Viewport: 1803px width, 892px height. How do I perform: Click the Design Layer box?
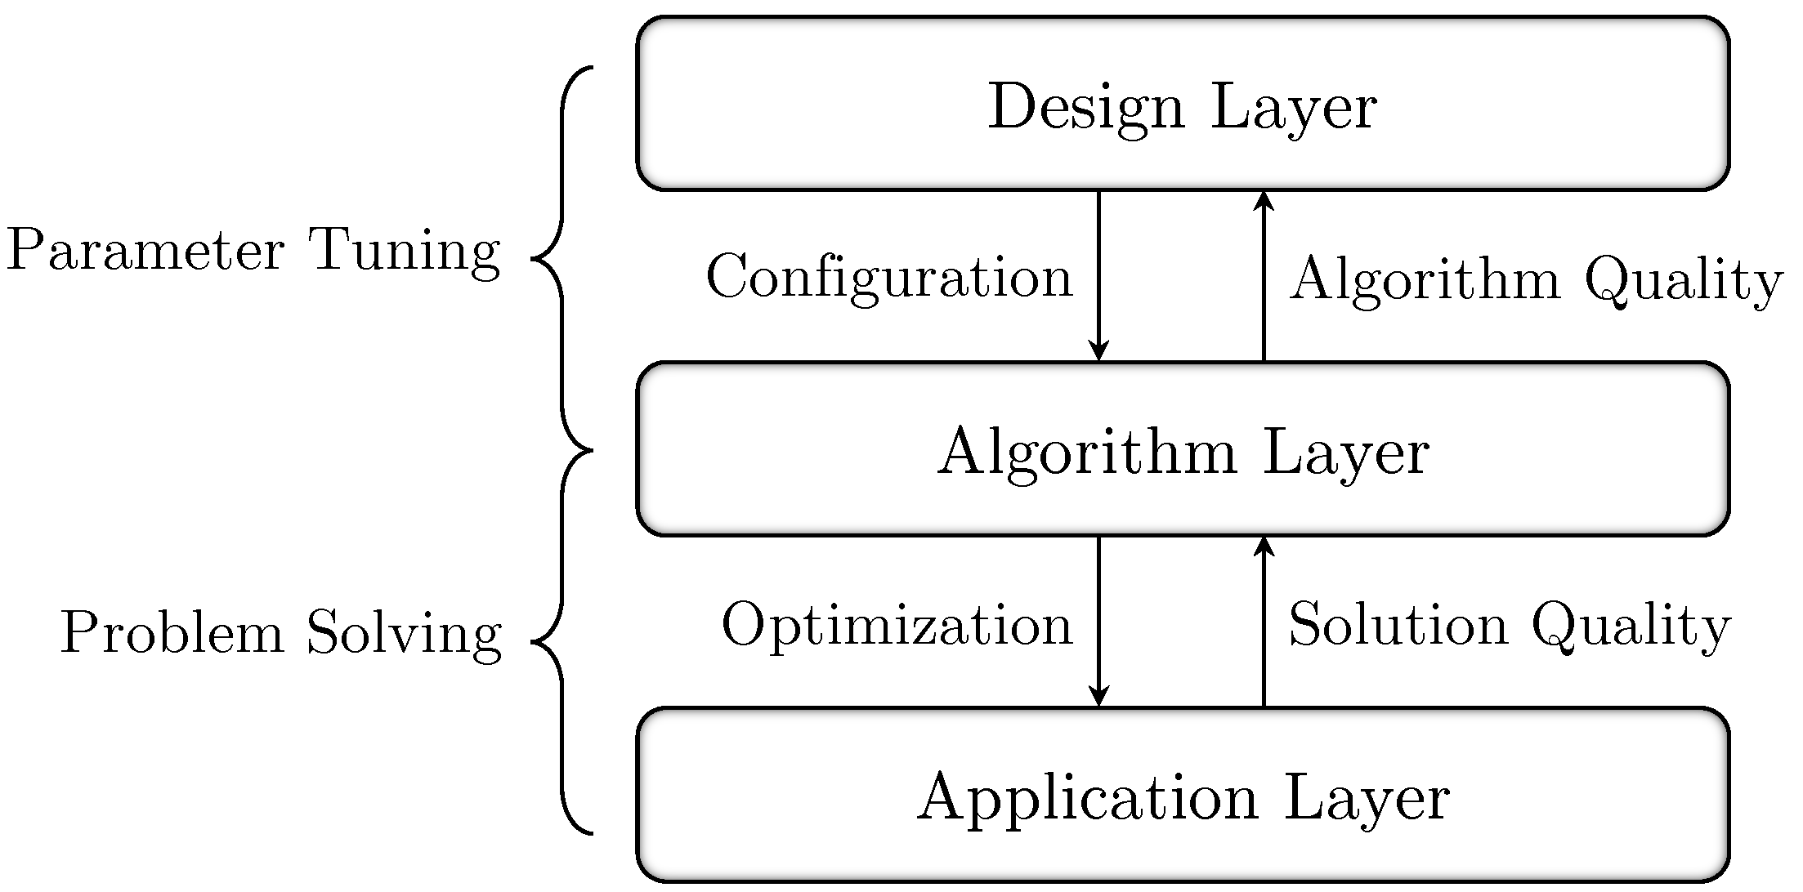pyautogui.click(x=1182, y=104)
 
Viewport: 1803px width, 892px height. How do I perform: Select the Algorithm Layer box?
pyautogui.click(x=1182, y=449)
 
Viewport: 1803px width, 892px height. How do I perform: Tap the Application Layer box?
pyautogui.click(x=1182, y=796)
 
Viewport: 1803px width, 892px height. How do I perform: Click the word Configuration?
pyautogui.click(x=888, y=278)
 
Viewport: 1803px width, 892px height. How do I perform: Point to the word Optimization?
pyautogui.click(x=897, y=626)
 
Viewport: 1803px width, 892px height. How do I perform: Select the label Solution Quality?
pyautogui.click(x=1509, y=626)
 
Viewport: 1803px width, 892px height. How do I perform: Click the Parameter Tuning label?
pyautogui.click(x=253, y=250)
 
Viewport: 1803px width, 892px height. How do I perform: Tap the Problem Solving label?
pyautogui.click(x=281, y=633)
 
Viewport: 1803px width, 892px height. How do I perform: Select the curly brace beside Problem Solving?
pyautogui.click(x=561, y=642)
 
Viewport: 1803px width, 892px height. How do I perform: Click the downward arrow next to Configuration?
pyautogui.click(x=1098, y=276)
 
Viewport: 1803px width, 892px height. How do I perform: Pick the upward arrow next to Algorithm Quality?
pyautogui.click(x=1264, y=276)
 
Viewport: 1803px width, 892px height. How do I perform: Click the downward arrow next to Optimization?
pyautogui.click(x=1098, y=622)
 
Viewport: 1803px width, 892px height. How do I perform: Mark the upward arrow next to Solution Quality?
pyautogui.click(x=1264, y=622)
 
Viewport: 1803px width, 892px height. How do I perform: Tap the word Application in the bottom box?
pyautogui.click(x=1087, y=798)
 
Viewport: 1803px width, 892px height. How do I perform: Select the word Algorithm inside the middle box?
pyautogui.click(x=1087, y=453)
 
